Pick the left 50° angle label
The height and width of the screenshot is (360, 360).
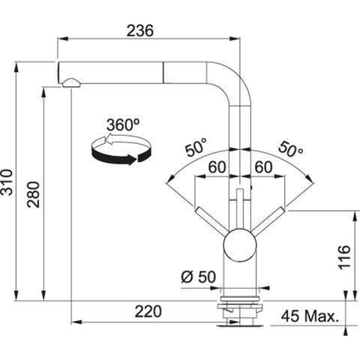tap(196, 147)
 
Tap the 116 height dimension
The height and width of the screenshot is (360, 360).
tap(344, 256)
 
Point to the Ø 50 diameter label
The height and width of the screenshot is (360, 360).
tap(198, 275)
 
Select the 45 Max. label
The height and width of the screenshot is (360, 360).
tap(310, 317)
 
